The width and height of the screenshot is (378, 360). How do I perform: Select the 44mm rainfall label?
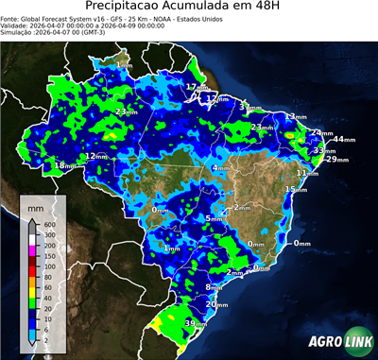[343, 139]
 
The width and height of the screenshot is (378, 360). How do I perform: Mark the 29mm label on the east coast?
[336, 160]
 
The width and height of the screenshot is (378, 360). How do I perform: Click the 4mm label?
[218, 168]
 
